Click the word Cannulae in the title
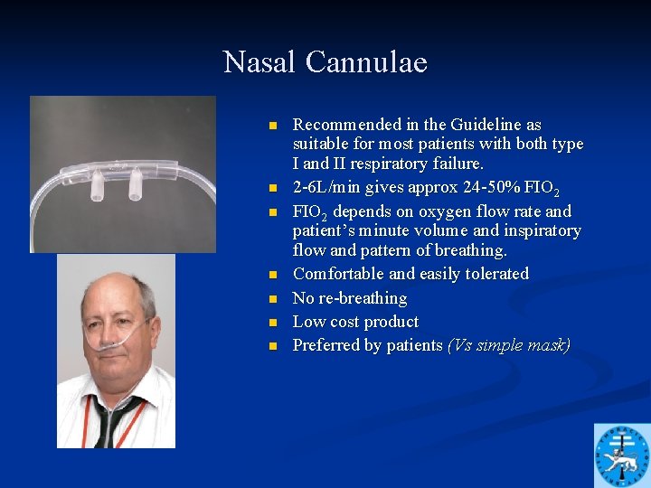point(366,62)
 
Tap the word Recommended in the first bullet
point(346,125)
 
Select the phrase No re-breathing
point(350,298)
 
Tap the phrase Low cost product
point(355,322)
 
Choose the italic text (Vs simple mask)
point(508,345)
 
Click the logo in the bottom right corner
point(621,455)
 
